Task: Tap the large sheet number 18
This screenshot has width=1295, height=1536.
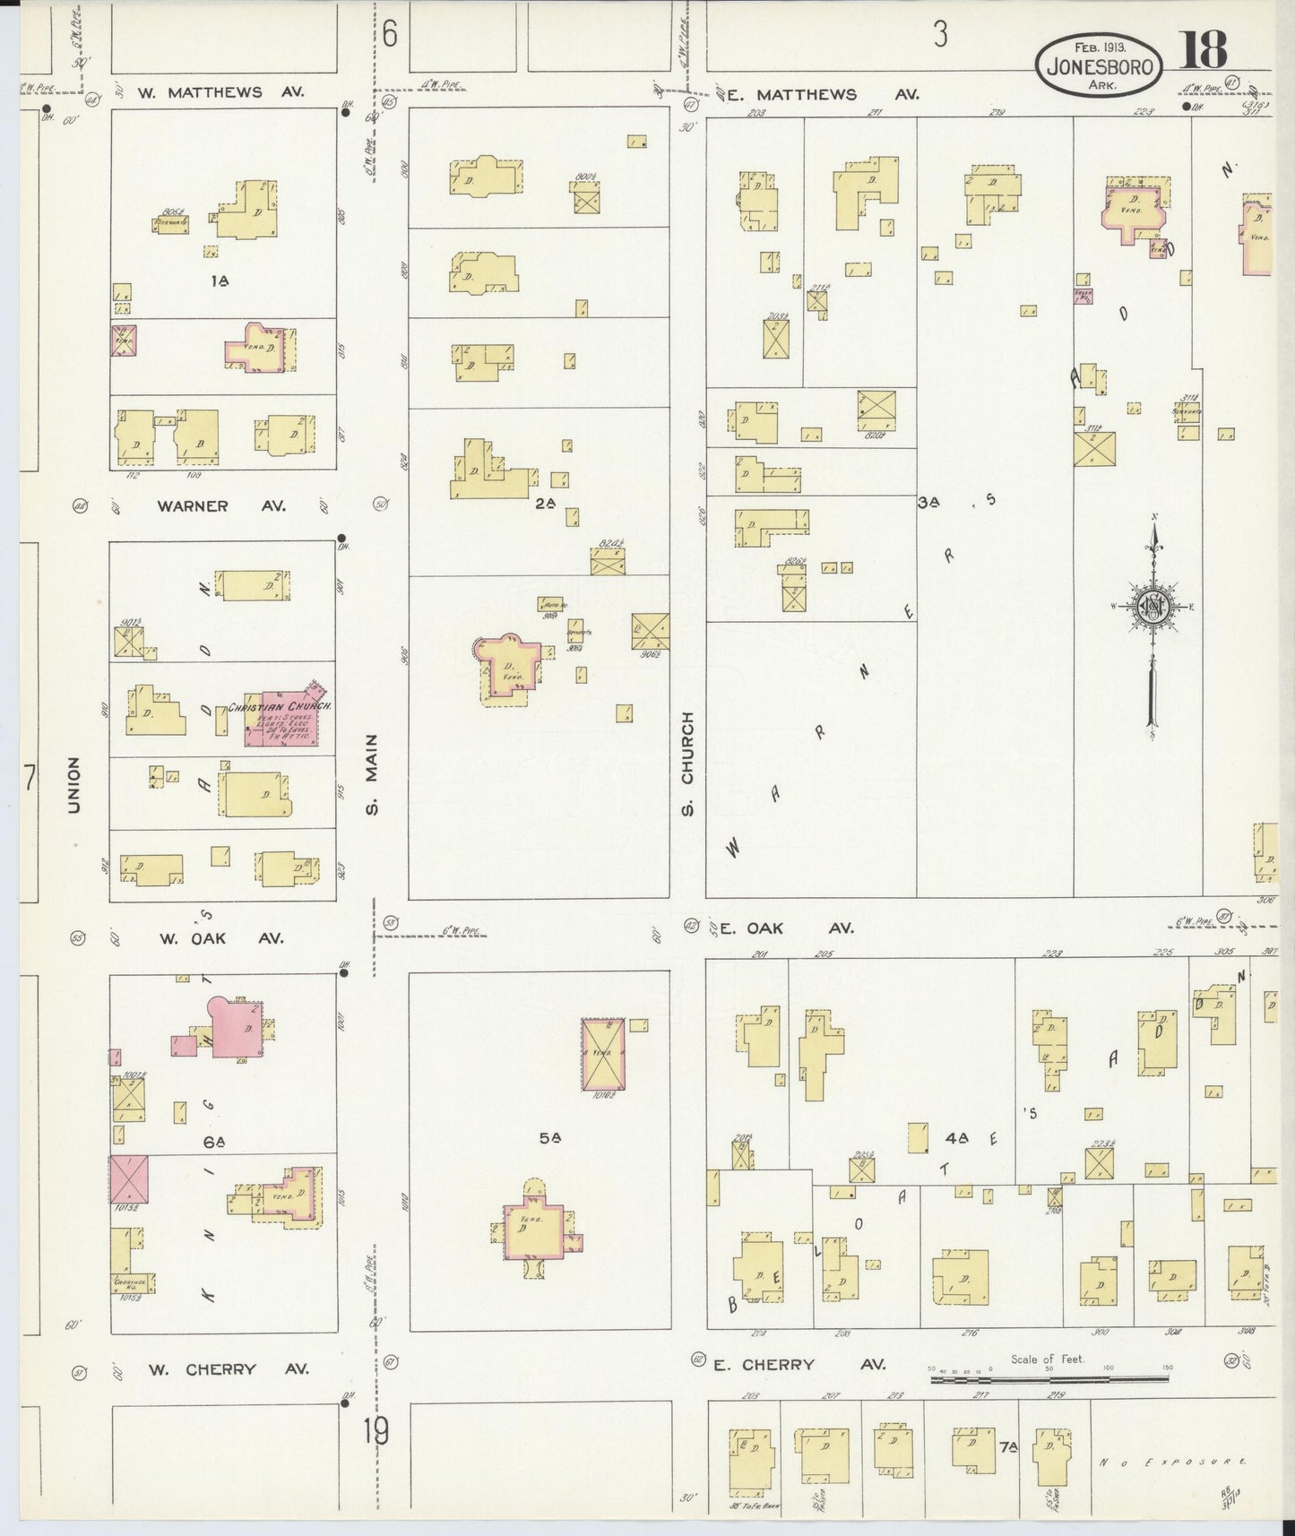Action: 1203,50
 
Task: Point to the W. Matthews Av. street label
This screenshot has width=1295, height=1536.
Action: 221,91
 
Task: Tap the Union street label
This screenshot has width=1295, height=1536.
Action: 74,785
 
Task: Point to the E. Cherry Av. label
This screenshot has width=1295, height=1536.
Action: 799,1365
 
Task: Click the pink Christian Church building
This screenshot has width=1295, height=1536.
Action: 289,719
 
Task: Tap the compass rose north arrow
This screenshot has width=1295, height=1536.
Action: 1153,609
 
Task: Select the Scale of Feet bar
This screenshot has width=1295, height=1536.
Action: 1049,1380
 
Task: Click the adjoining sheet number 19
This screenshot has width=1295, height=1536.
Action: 376,1432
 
